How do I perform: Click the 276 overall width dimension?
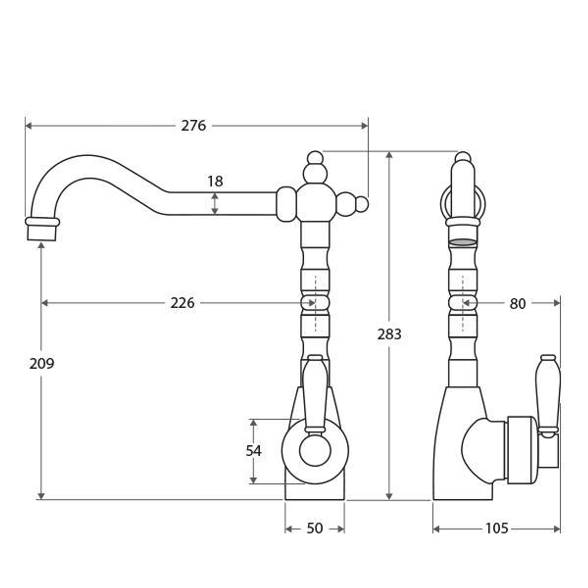[194, 126]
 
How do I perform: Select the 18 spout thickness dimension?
[215, 181]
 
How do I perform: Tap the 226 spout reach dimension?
[182, 303]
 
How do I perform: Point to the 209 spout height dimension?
[42, 364]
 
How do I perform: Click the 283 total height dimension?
[389, 334]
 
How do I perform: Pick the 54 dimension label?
[253, 451]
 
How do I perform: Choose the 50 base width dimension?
[315, 528]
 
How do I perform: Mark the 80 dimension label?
[517, 304]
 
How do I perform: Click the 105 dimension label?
[497, 528]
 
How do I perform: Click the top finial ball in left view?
[315, 158]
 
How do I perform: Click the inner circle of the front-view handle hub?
[315, 451]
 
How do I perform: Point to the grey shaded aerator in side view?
[463, 242]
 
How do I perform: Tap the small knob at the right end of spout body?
[362, 204]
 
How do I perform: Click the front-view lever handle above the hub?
[315, 392]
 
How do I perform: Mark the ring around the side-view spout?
[463, 203]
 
